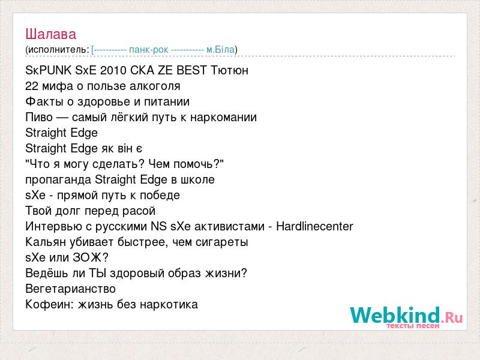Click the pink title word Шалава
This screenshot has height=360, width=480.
[x=51, y=34]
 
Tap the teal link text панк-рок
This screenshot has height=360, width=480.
[x=148, y=50]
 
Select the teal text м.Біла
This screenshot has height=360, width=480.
[x=220, y=49]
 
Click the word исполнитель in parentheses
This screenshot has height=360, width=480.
[x=57, y=50]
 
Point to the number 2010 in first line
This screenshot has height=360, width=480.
[x=113, y=70]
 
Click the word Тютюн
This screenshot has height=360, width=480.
[x=230, y=70]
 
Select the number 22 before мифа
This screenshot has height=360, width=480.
[x=32, y=86]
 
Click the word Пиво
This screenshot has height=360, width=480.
[x=39, y=117]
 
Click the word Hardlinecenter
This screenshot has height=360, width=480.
[x=314, y=226]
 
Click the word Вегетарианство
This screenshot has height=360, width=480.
[x=70, y=289]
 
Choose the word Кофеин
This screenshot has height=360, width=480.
[x=50, y=304]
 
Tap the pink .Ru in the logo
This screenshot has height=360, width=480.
[x=452, y=317]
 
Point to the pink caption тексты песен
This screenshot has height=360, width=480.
[x=413, y=326]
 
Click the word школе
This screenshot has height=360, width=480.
[x=197, y=179]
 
